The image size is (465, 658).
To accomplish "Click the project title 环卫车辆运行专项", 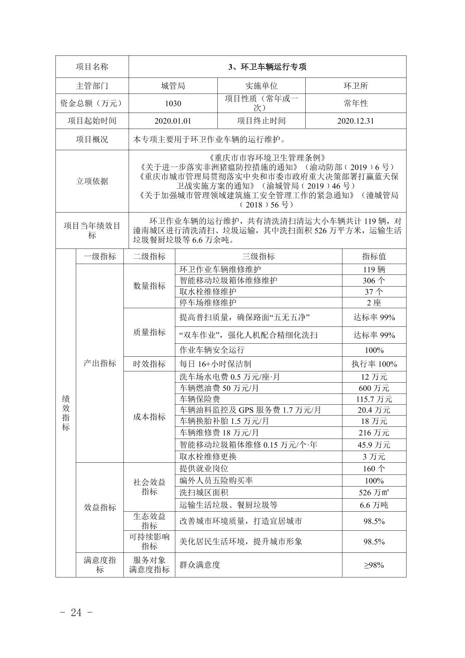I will tap(267, 67).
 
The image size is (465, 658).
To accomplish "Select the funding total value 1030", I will tap(173, 103).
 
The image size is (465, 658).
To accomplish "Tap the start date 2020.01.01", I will tap(173, 121).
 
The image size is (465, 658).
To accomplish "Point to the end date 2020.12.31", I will tap(355, 121).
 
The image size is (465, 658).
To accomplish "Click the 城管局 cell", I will tap(173, 86).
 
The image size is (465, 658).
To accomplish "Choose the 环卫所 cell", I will tap(355, 86).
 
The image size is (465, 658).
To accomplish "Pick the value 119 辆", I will tap(374, 269).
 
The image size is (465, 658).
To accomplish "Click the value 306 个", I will tap(374, 281).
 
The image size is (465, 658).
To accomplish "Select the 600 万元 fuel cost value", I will tap(374, 388).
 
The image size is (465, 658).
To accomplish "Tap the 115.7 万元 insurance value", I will tap(374, 399).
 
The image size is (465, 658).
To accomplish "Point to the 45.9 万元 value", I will tap(374, 445).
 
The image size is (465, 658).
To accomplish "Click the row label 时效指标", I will tap(149, 364).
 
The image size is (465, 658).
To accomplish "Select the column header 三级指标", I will tap(258, 256).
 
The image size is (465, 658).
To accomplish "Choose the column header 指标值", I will tap(374, 256).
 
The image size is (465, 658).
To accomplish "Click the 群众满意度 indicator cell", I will tap(200, 564).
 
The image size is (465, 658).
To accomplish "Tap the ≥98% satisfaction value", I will tap(374, 564).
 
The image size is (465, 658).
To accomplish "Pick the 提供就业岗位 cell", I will tap(203, 468).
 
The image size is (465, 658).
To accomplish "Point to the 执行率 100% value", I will tap(374, 364).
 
